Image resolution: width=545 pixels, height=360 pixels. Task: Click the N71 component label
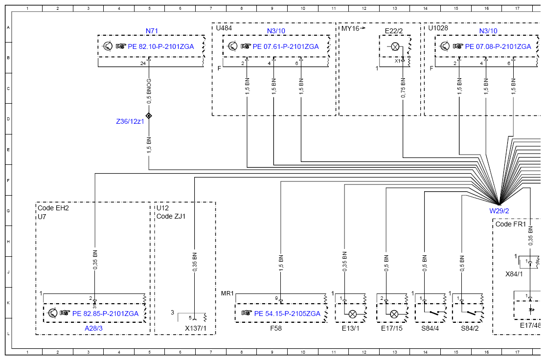152,31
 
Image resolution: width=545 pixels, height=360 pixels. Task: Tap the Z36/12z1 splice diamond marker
149,116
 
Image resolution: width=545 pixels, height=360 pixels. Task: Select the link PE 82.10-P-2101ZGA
161,46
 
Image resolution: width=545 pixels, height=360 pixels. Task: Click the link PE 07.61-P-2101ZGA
286,46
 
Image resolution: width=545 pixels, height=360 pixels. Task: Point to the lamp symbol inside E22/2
395,46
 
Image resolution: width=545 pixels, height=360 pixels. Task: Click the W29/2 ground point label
499,211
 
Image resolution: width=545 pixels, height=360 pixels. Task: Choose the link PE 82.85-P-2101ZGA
105,314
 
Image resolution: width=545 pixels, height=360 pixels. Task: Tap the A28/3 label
94,328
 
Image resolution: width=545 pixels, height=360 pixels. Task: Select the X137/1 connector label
196,328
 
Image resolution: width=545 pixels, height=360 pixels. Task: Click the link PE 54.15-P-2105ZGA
287,314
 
